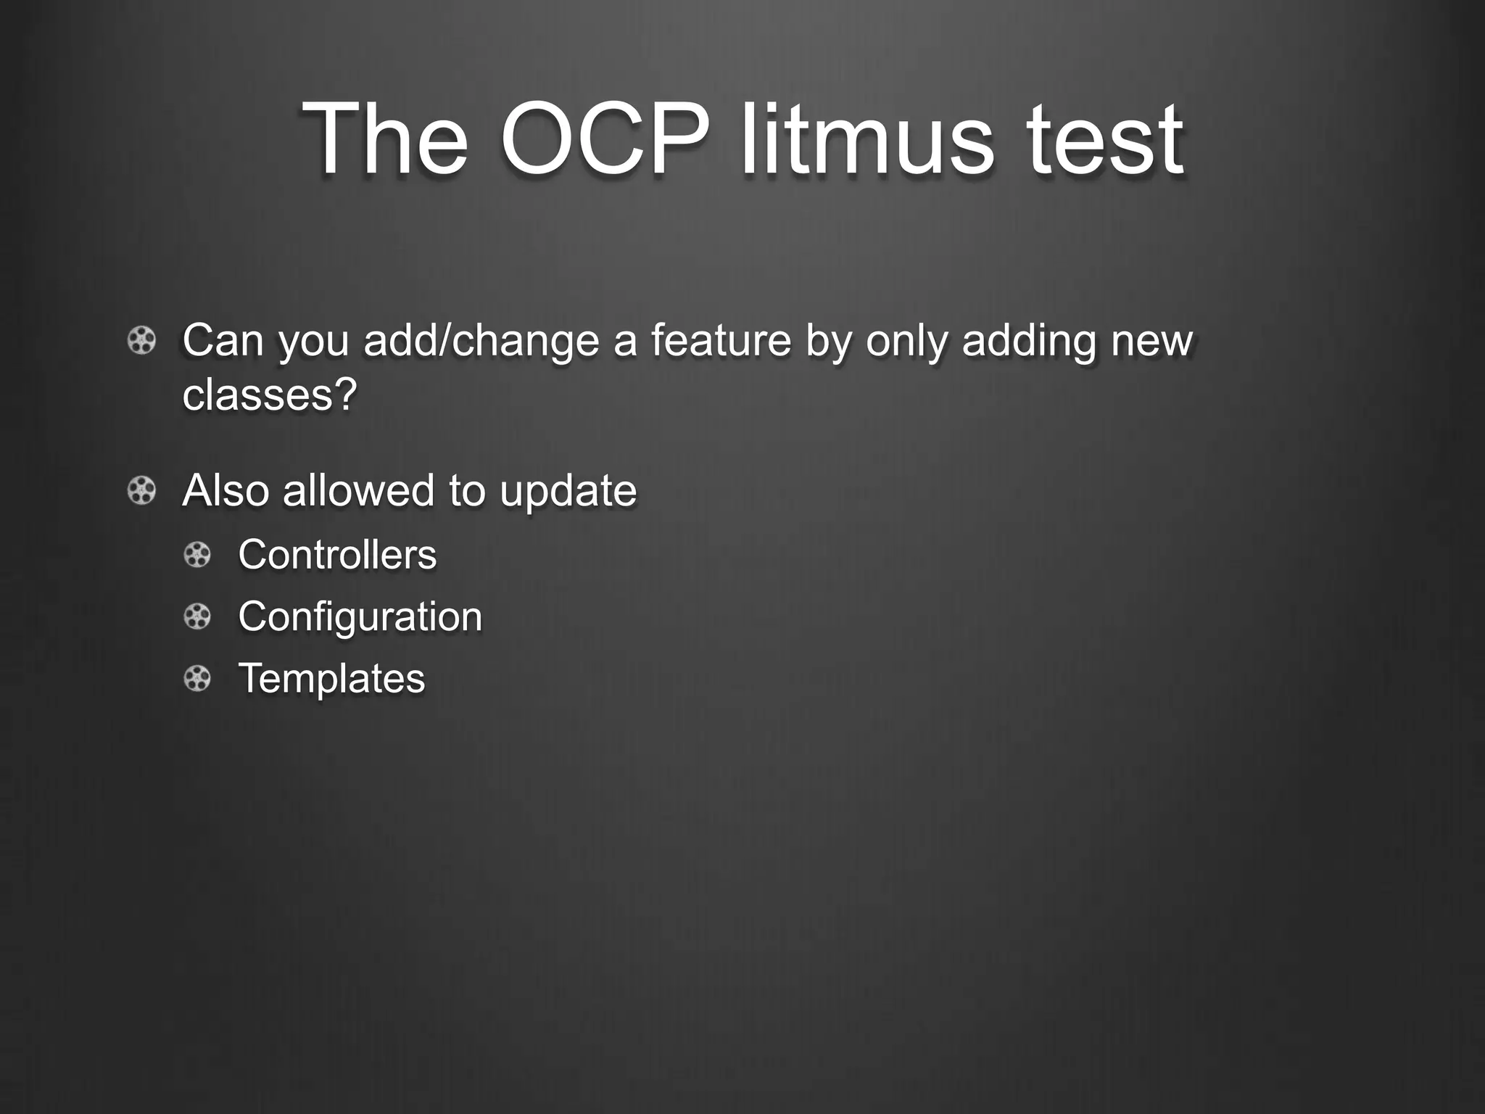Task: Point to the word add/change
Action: pos(481,341)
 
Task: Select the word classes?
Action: pos(270,395)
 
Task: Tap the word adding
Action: pos(1028,341)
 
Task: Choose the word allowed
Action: pos(360,491)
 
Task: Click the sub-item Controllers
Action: pos(337,555)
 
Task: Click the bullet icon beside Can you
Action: pos(141,340)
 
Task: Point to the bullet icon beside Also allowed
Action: pos(141,491)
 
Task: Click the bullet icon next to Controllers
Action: pos(197,556)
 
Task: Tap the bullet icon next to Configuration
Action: pos(197,617)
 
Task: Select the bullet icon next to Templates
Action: pos(197,679)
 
